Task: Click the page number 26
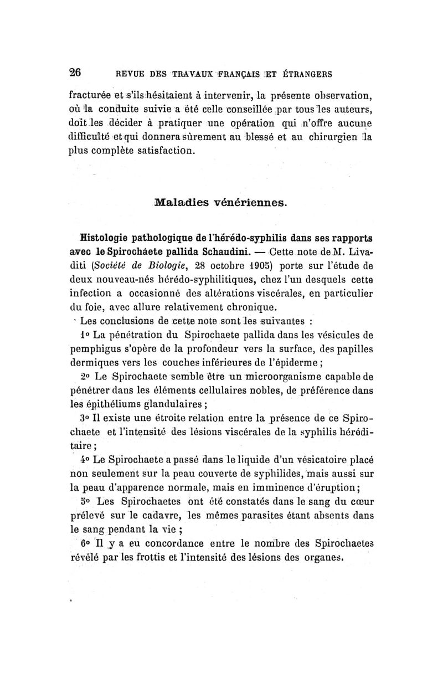[x=75, y=71]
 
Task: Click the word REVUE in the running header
[x=129, y=74]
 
